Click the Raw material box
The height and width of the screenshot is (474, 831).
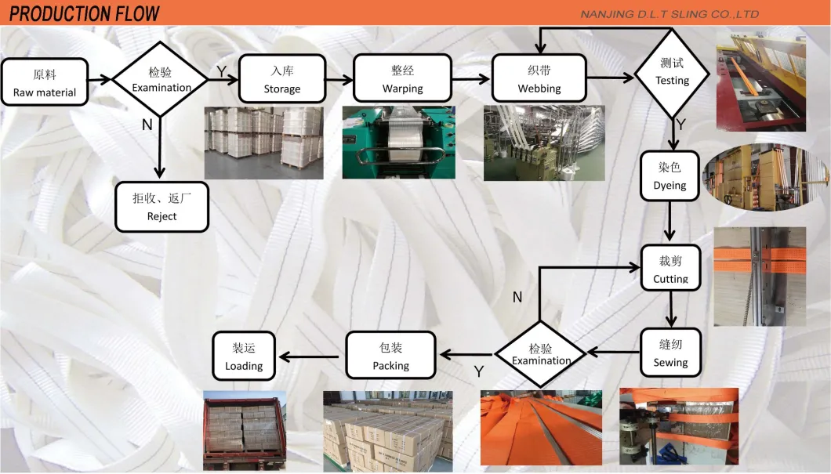(45, 83)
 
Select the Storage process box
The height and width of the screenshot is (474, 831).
(281, 79)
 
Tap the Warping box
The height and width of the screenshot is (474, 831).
(402, 79)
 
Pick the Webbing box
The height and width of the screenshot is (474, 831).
(539, 79)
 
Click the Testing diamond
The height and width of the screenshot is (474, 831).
(672, 72)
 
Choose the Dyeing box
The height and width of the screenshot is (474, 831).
(670, 176)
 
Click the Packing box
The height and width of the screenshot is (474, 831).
(390, 356)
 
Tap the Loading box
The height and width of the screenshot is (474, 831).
(244, 356)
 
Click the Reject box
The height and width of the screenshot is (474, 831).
(161, 207)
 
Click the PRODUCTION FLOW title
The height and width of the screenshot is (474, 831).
(85, 13)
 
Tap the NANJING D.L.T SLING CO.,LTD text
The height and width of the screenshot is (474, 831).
(669, 14)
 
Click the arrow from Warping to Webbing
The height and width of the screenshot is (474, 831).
(471, 78)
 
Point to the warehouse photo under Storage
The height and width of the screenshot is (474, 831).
(263, 142)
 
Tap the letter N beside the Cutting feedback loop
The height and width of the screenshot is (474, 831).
(517, 296)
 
